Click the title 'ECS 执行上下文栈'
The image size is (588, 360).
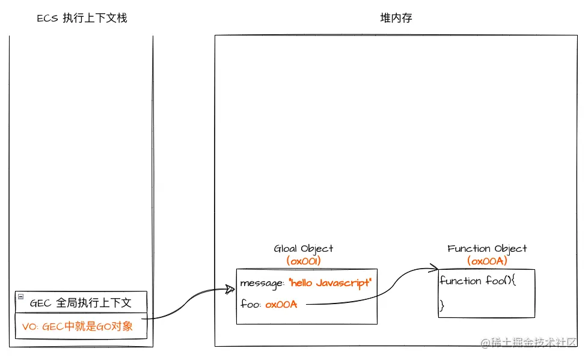(82, 18)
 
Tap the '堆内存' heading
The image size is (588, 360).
(396, 18)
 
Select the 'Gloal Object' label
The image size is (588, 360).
(303, 249)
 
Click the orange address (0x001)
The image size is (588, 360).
(304, 261)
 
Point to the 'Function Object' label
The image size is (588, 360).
(487, 249)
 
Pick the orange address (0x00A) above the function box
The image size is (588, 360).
(487, 261)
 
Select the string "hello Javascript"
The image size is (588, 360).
(330, 282)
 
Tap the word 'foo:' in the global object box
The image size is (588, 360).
(251, 304)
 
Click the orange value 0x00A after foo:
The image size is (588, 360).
(281, 304)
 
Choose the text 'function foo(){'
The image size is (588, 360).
(479, 281)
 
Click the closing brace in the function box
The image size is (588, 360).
(442, 306)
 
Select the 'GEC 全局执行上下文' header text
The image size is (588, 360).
(81, 303)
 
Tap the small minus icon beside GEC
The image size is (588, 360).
(20, 296)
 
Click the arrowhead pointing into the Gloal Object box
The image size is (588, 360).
(230, 289)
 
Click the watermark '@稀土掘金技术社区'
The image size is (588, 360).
(528, 342)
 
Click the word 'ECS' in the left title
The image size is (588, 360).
(47, 18)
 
